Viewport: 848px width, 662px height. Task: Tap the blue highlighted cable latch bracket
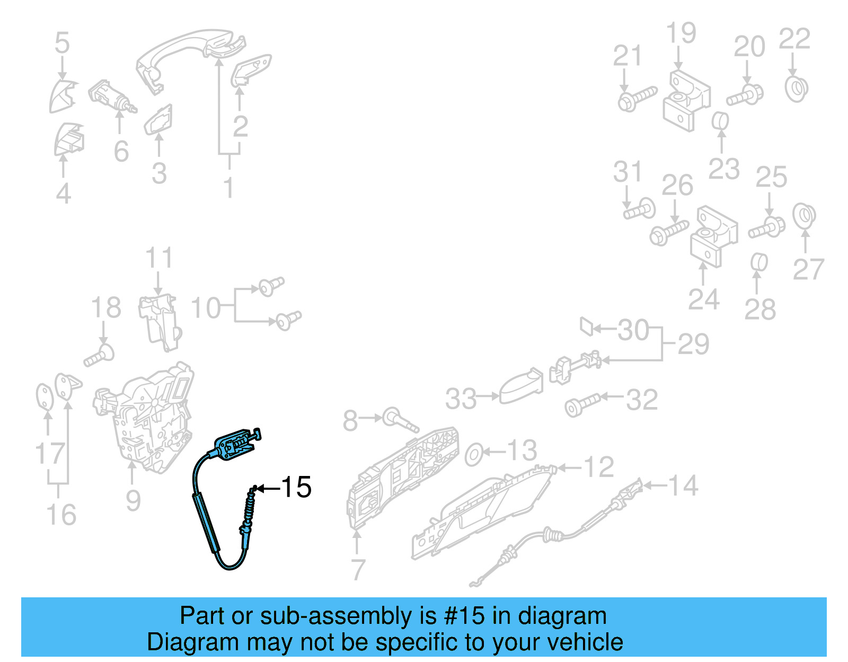[x=235, y=444]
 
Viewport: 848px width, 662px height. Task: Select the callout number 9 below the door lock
[x=133, y=501]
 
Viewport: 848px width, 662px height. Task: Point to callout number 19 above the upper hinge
[x=681, y=33]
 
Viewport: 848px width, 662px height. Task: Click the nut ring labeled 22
[x=796, y=89]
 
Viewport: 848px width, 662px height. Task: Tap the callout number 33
[x=461, y=399]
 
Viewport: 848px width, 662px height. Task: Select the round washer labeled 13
[x=474, y=455]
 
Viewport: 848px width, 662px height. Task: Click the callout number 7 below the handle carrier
[x=358, y=570]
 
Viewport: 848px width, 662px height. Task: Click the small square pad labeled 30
[x=586, y=326]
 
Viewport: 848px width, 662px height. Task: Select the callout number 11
[x=159, y=258]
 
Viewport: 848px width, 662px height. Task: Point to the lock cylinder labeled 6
[x=110, y=97]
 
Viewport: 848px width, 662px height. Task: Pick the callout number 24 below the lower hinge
[x=703, y=300]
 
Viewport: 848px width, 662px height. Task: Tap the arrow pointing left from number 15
[x=268, y=488]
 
